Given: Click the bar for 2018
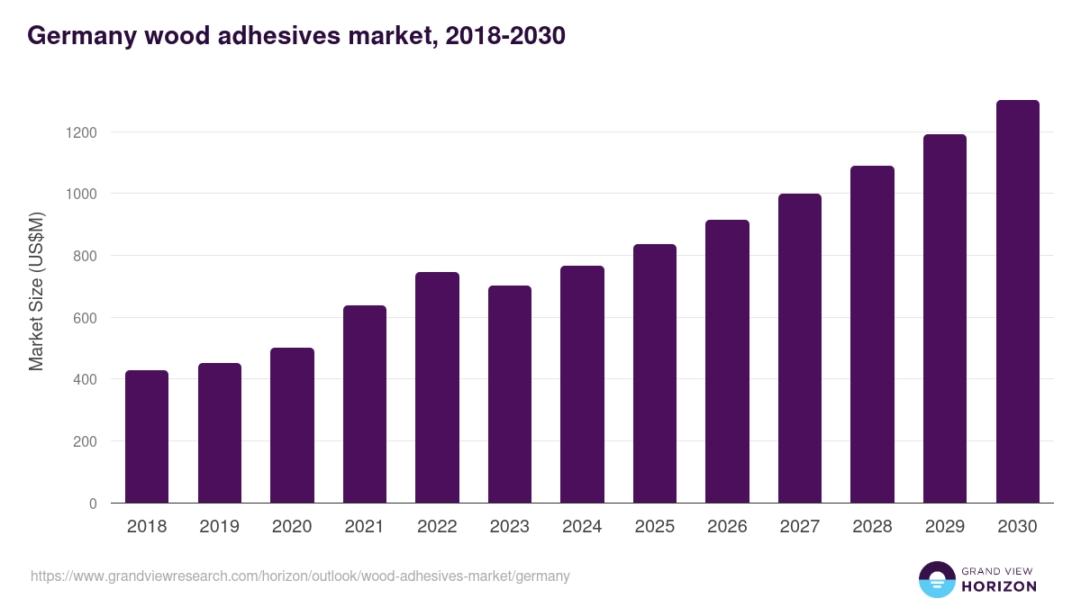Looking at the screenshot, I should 147,437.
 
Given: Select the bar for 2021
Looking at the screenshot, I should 364,404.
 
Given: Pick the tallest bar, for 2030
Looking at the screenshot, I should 1017,302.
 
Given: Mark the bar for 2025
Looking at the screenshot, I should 654,374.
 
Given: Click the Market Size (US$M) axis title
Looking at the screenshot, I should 36,292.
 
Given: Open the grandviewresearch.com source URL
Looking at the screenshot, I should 300,576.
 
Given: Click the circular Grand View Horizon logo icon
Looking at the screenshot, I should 936,579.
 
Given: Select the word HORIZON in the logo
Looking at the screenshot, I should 999,586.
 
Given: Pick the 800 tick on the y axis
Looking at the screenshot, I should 84,256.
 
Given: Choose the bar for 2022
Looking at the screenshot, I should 437,387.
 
